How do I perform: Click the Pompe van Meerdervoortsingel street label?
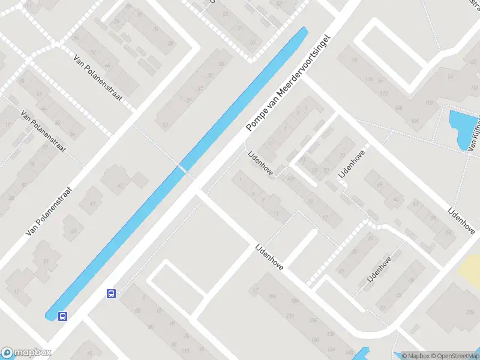[289, 80]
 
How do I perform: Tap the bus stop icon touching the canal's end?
[62, 316]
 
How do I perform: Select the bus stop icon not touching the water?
[111, 293]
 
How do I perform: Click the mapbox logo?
[26, 353]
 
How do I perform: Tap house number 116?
[370, 80]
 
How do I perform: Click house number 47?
[93, 205]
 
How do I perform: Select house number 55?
[449, 233]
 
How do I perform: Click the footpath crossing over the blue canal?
[181, 168]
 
